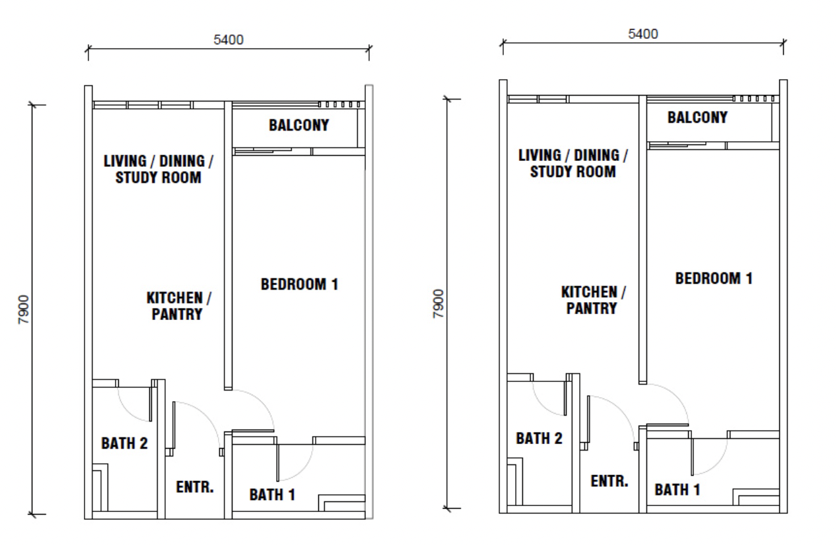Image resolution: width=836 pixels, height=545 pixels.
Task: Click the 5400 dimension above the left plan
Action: (x=228, y=40)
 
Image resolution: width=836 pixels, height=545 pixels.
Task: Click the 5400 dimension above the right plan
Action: (x=643, y=34)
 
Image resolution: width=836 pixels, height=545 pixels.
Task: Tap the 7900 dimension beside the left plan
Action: (x=24, y=309)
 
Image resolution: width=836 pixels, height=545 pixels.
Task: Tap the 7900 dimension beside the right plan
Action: (x=438, y=304)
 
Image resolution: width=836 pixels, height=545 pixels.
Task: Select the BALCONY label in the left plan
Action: (x=299, y=125)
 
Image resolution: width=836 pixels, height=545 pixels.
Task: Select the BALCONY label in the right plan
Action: (x=697, y=117)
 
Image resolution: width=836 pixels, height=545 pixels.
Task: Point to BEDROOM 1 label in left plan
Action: (x=299, y=284)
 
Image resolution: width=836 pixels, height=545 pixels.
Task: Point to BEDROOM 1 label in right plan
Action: (x=714, y=278)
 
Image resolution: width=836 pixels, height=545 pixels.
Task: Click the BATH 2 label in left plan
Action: (x=125, y=443)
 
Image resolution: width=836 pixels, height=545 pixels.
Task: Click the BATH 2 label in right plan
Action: (x=540, y=438)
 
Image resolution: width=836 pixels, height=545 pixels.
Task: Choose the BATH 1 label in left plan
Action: (x=272, y=495)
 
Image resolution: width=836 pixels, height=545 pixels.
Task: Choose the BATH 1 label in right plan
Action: (x=678, y=490)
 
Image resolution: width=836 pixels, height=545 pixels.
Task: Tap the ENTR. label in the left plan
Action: (x=195, y=487)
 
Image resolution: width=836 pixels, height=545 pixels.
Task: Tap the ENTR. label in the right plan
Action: (x=610, y=481)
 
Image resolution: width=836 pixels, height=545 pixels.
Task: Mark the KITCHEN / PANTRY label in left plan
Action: (x=179, y=306)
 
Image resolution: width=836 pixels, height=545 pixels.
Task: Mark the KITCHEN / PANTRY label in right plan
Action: (x=594, y=300)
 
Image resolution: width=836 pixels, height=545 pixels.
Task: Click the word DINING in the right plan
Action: (x=597, y=156)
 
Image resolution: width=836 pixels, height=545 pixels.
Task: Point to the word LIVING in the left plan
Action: (x=125, y=162)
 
